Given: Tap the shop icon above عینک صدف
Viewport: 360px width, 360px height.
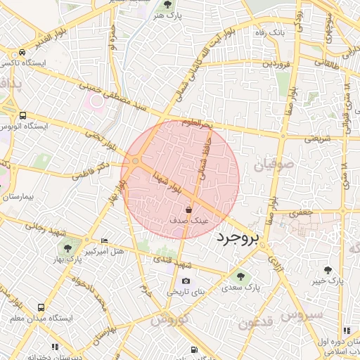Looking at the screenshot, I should point(188,210).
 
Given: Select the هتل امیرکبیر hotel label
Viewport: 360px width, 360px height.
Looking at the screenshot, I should point(103,251).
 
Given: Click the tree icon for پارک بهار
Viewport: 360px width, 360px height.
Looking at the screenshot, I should point(67,247).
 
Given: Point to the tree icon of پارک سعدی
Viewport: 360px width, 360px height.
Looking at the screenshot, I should point(241,276).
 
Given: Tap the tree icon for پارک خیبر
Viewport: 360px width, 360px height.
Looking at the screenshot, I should point(328,269).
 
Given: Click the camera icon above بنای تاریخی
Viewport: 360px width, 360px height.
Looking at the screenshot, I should point(186,281).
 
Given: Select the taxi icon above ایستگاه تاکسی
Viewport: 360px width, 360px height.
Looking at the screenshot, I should point(23,53).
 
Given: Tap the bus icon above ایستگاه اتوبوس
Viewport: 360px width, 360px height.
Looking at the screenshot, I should point(23,115).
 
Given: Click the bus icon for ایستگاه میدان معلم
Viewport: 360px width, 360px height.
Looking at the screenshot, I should point(41,307).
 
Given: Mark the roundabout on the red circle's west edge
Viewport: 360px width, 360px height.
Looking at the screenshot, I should point(135,162).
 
